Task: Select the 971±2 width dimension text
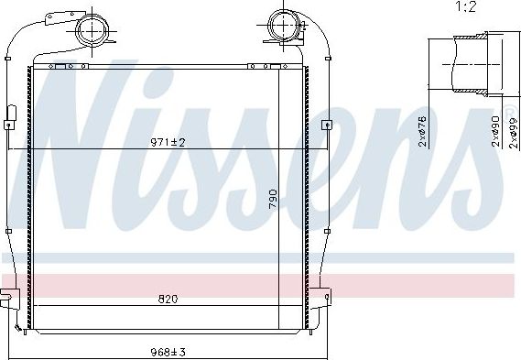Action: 168,142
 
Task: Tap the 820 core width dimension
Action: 168,298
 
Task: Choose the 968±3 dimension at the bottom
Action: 168,351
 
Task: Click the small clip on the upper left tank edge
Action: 12,115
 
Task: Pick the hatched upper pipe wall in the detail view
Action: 472,38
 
